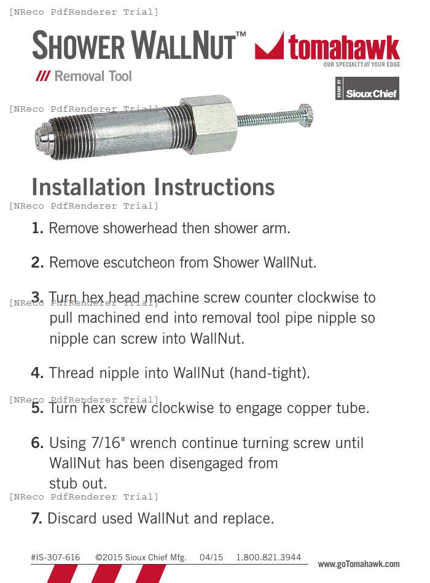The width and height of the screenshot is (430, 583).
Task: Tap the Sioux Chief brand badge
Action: coord(367,88)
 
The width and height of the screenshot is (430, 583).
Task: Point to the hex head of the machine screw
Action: coord(305,115)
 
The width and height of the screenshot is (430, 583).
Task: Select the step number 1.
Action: coord(37,228)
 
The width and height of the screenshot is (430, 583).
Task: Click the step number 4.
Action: coord(37,373)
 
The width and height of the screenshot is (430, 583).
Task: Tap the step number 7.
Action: coord(37,519)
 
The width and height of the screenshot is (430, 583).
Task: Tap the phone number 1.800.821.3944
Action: coord(268,557)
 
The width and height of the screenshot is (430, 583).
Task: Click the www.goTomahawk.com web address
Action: coord(359,564)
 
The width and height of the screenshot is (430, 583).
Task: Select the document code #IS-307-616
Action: coord(55,557)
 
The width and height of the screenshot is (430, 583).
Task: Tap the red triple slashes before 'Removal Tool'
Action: coord(42,77)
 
